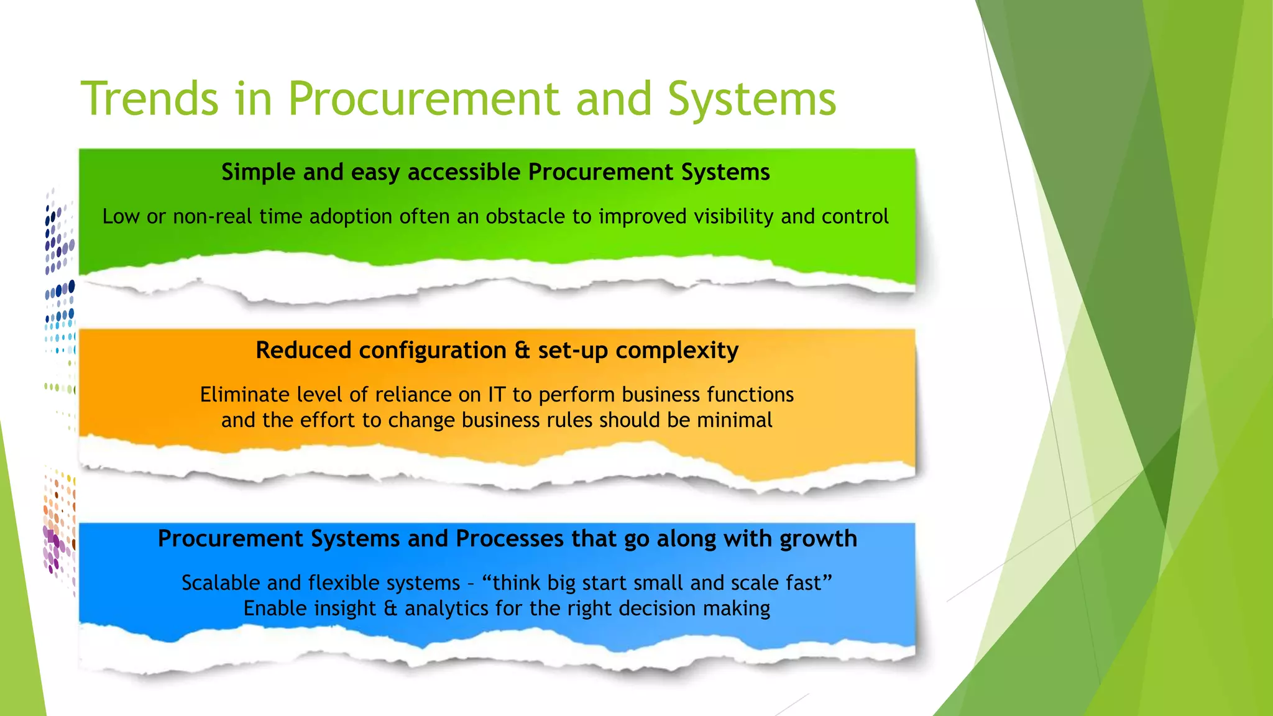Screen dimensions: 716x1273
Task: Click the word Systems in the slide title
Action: pyautogui.click(x=751, y=99)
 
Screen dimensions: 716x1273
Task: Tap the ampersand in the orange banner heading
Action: pyautogui.click(x=522, y=351)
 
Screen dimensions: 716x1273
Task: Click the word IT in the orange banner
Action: pyautogui.click(x=497, y=395)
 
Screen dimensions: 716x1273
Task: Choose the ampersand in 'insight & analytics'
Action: pyautogui.click(x=390, y=608)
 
